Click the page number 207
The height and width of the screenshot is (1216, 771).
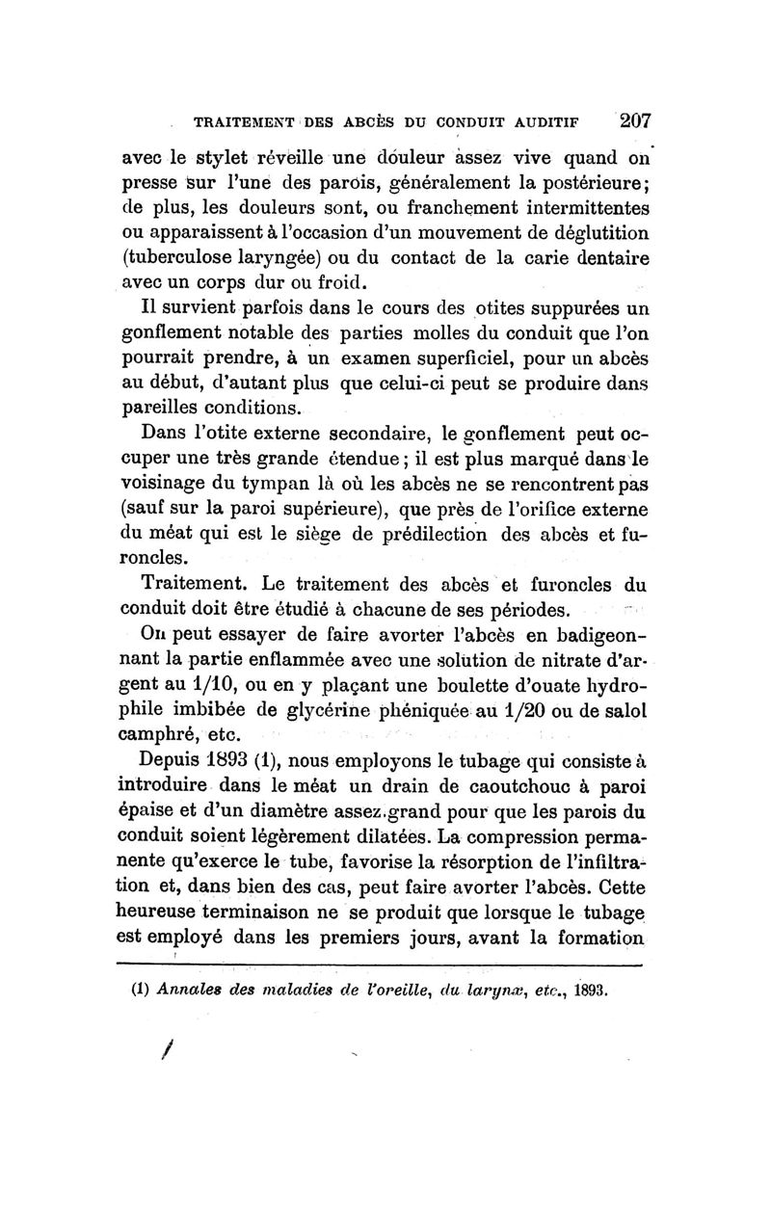click(636, 121)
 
